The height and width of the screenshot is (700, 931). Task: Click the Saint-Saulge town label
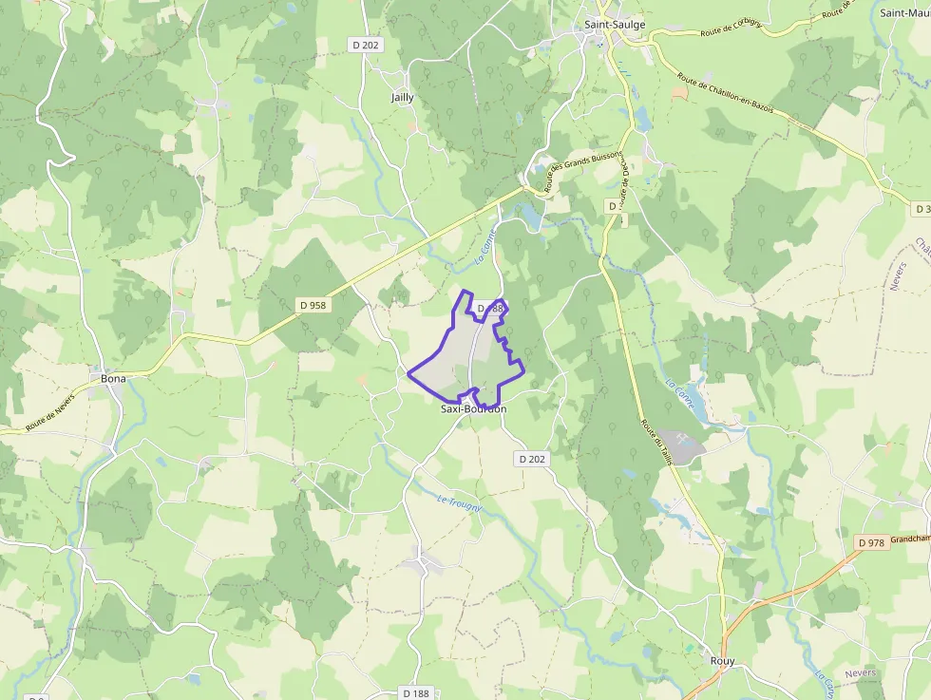pos(615,26)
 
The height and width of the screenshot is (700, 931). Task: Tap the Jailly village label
pos(402,98)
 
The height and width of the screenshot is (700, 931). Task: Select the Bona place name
pos(113,378)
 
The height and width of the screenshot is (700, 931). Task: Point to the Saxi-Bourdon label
pos(473,409)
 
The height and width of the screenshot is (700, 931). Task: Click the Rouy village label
pos(722,661)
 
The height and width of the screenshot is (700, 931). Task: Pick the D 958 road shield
pos(313,306)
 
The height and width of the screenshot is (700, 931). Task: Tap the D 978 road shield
pos(870,543)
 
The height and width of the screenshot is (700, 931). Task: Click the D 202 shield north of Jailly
pos(366,45)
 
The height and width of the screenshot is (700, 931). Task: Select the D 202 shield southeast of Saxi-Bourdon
pos(533,459)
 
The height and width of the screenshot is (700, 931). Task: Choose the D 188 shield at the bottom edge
pos(416,693)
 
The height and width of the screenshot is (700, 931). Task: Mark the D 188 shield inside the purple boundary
pos(488,309)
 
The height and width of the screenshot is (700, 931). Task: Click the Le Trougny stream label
pos(460,503)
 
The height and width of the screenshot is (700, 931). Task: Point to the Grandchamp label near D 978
pos(910,539)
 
